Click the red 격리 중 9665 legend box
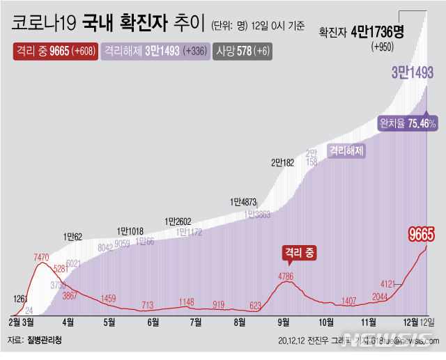pos(55,51)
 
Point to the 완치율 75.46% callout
pos(408,123)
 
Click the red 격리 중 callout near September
pos(299,254)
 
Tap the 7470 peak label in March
pos(41,257)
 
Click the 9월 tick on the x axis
pos(284,322)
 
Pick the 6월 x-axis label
pos(152,322)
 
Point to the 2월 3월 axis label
pos(24,322)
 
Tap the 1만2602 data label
pos(179,221)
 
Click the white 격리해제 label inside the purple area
pos(347,150)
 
